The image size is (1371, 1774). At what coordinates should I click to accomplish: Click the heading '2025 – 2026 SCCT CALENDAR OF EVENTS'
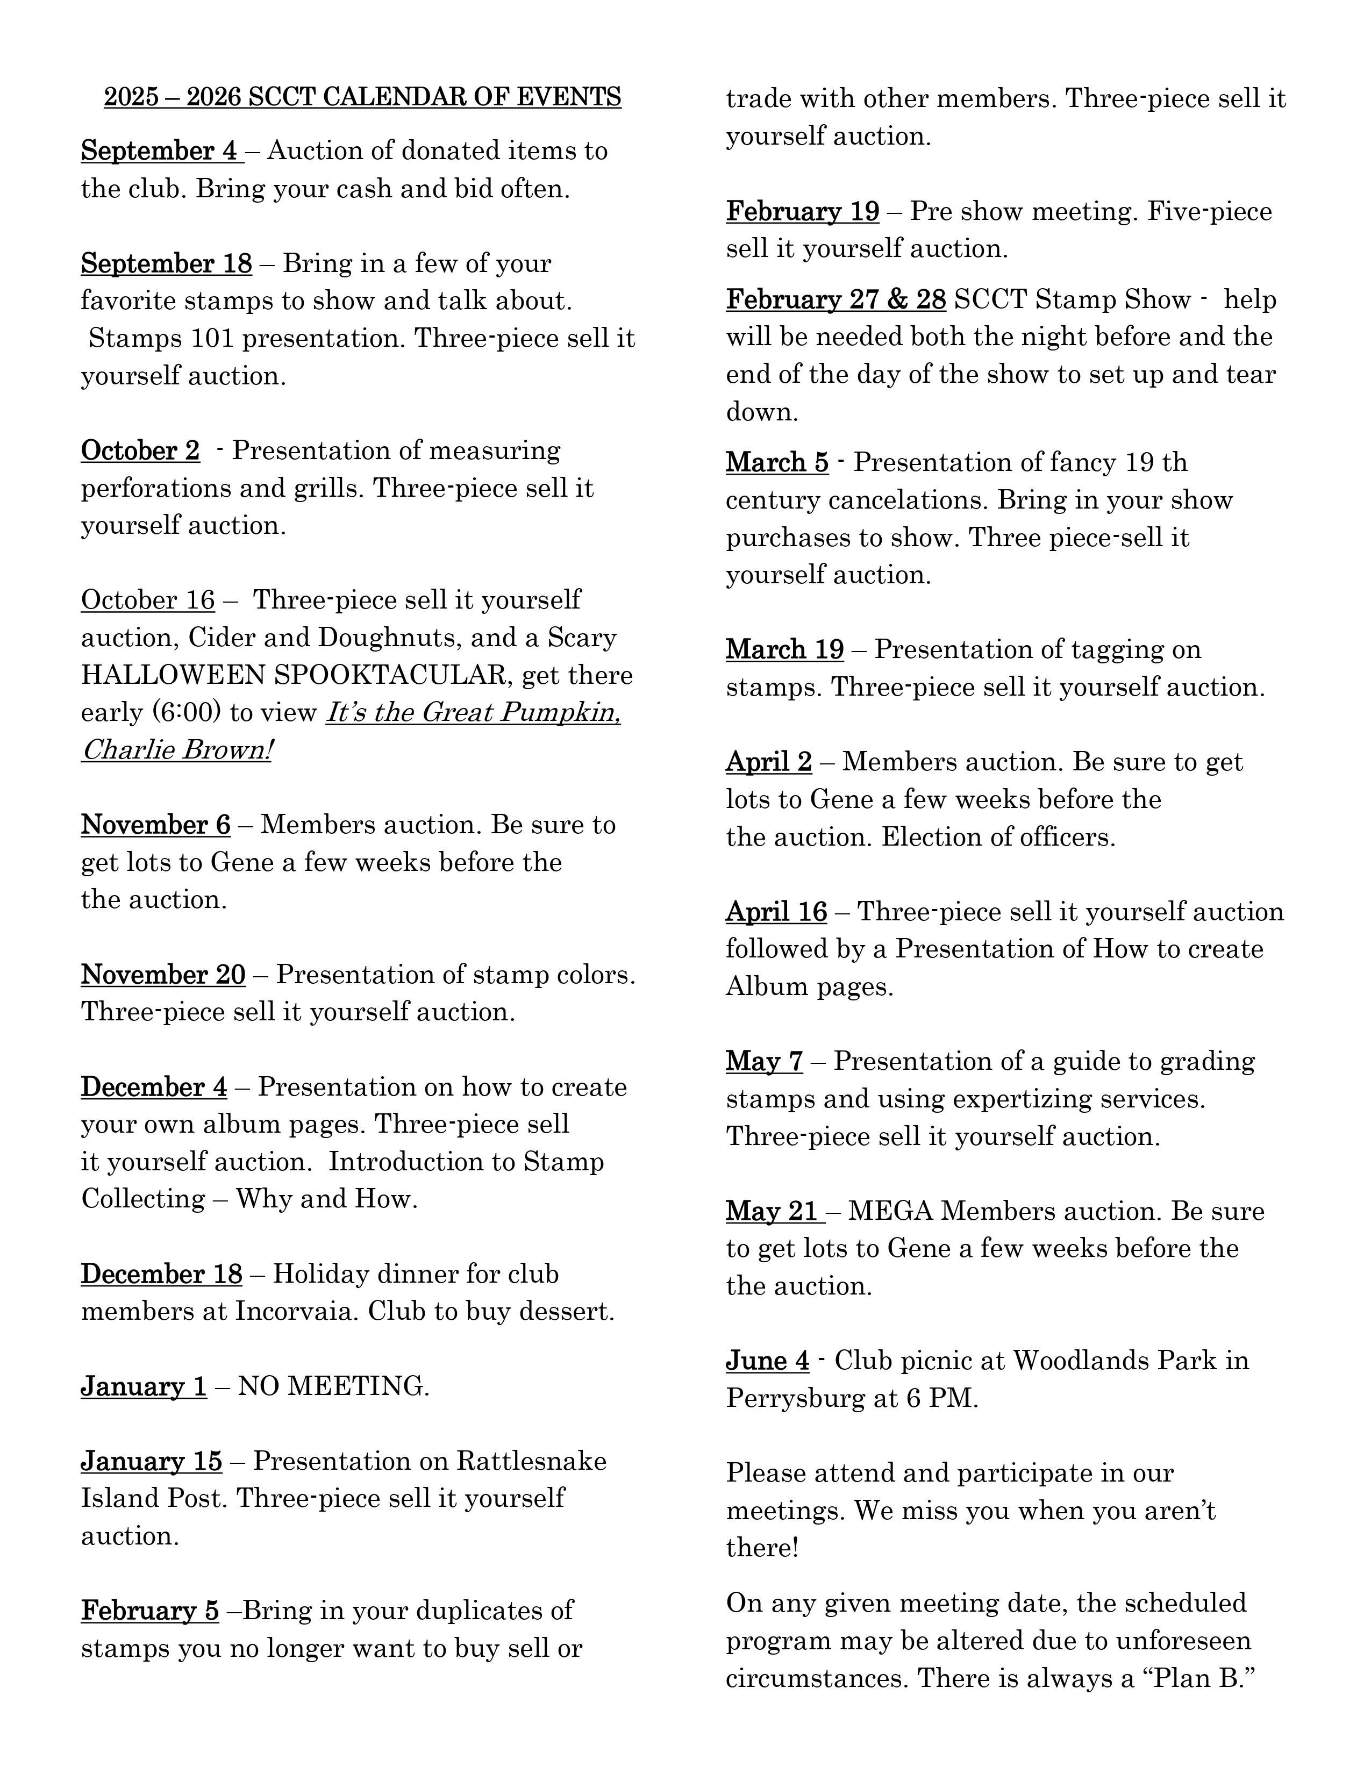[x=362, y=97]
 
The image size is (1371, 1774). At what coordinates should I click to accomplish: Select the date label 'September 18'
[x=167, y=264]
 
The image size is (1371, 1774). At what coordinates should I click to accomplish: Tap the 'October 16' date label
[x=148, y=600]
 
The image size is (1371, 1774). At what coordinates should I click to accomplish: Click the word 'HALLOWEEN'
[x=173, y=675]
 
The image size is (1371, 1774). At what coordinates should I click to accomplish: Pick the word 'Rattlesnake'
[x=531, y=1461]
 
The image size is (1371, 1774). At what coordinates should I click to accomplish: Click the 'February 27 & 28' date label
[x=836, y=300]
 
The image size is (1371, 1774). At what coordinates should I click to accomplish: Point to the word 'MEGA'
[x=891, y=1211]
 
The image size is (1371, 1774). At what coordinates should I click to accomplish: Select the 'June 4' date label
[x=768, y=1361]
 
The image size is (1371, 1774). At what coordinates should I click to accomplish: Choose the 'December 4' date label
[x=154, y=1088]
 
